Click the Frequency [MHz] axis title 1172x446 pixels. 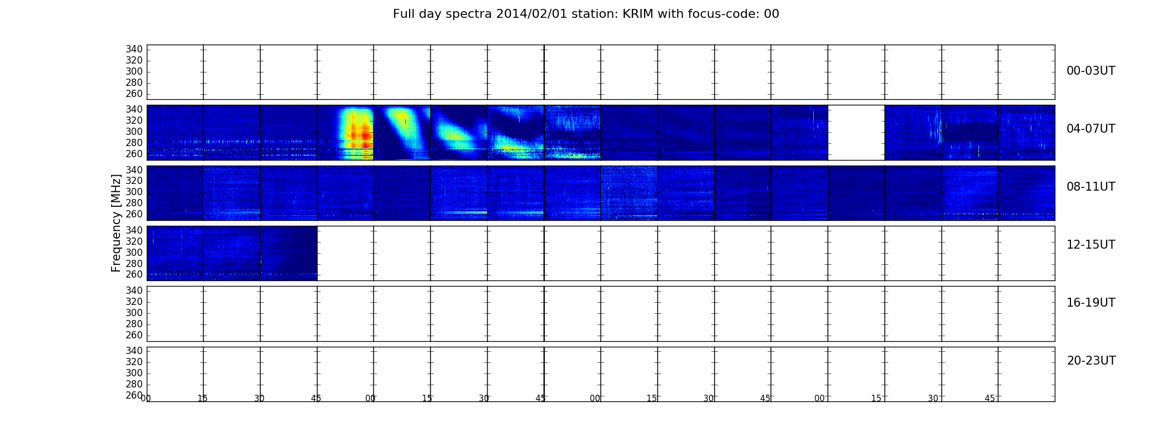coord(116,223)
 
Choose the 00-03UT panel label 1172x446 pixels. coord(1091,71)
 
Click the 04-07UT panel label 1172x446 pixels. coord(1091,129)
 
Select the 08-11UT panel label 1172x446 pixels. coord(1091,187)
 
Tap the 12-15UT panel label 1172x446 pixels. coord(1091,245)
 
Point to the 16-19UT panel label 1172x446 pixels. coord(1091,303)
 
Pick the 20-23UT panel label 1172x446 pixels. coord(1091,361)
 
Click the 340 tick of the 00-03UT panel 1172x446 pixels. coord(134,50)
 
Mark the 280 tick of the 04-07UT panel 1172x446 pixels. coord(134,143)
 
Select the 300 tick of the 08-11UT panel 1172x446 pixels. coord(134,192)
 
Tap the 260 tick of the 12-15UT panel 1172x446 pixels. coord(134,275)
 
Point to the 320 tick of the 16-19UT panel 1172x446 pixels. coord(134,302)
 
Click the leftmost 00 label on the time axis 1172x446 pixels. coord(146,399)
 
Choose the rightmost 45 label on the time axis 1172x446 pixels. coord(990,399)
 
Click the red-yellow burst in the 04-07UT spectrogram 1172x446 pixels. coord(356,134)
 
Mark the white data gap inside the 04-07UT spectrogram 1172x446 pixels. coord(856,133)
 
